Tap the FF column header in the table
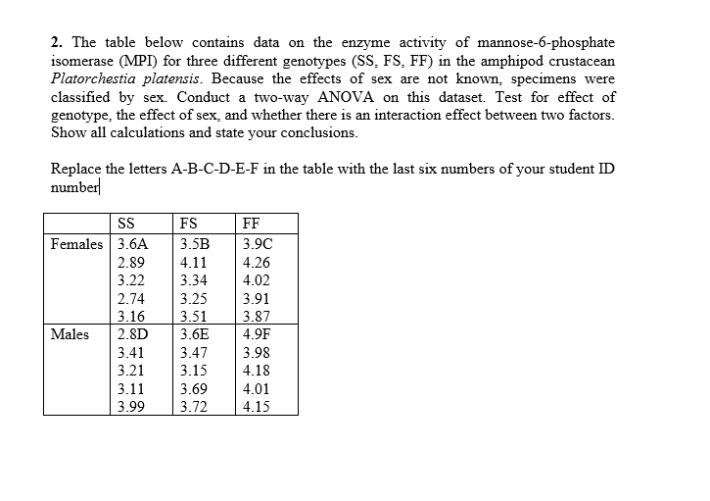click(253, 223)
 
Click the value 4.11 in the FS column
click(192, 263)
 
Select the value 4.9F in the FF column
click(257, 333)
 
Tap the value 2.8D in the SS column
click(132, 333)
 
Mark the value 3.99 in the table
click(129, 405)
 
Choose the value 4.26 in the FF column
click(256, 263)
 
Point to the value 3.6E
click(195, 333)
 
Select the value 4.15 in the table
click(256, 405)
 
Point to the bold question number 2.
click(56, 43)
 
